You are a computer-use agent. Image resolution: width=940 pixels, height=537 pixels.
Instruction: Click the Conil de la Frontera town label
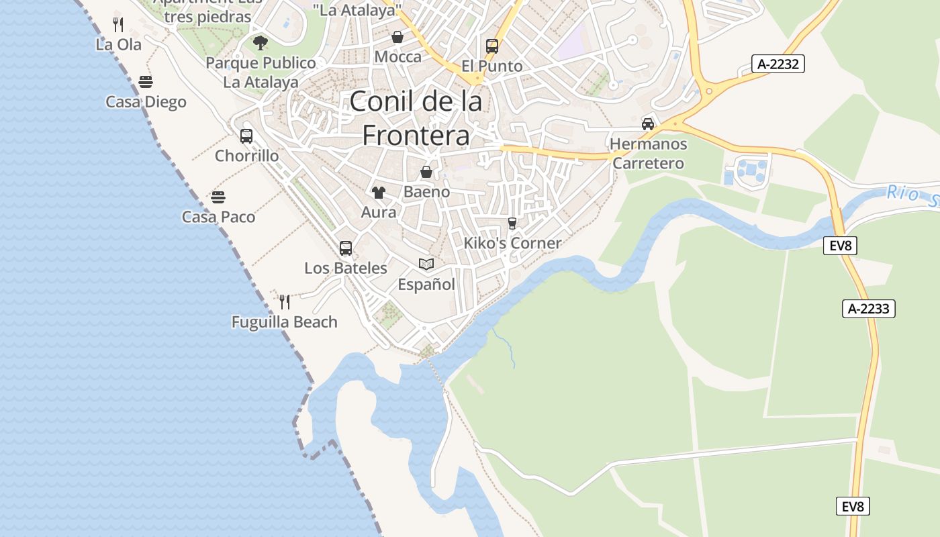(x=416, y=118)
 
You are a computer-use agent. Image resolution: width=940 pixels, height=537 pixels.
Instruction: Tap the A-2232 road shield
(x=779, y=64)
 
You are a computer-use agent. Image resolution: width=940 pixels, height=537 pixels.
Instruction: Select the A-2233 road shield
(x=868, y=309)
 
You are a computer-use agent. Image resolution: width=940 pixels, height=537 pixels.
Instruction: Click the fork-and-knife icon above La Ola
(x=118, y=25)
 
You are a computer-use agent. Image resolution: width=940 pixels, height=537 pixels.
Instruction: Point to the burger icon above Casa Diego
(x=146, y=82)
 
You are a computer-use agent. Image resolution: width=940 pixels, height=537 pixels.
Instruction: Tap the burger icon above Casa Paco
(x=218, y=197)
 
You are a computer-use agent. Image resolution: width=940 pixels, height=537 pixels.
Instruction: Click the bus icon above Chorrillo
(x=246, y=136)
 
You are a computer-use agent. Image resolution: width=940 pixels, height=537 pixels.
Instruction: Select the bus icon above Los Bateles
(x=346, y=248)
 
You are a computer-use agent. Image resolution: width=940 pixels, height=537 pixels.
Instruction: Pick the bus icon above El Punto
(x=492, y=46)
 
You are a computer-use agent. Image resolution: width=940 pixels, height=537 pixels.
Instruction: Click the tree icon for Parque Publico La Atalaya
(x=261, y=44)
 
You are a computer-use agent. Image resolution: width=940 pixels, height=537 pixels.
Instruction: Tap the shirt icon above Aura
(x=379, y=193)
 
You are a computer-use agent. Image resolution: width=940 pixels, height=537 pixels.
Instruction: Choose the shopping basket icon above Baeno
(x=426, y=173)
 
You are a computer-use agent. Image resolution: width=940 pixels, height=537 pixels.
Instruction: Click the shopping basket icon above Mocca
(x=397, y=37)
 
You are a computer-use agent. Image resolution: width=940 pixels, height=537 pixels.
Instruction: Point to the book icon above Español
(x=426, y=264)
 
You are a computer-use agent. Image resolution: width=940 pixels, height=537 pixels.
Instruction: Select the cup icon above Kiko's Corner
(x=512, y=224)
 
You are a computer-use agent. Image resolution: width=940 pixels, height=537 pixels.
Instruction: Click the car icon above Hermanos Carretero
(x=648, y=124)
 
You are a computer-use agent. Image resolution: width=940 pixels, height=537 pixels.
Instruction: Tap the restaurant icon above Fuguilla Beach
(x=285, y=302)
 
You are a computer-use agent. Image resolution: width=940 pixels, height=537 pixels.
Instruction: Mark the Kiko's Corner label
(x=512, y=243)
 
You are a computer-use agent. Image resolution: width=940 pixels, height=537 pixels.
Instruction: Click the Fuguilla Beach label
(x=285, y=322)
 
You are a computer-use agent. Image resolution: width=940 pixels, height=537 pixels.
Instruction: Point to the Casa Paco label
(x=218, y=217)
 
